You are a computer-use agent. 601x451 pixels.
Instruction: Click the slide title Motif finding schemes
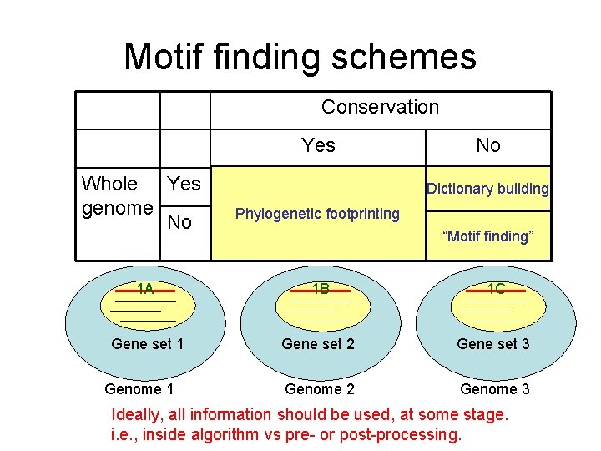(300, 57)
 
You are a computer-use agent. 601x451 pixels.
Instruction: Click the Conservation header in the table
(380, 107)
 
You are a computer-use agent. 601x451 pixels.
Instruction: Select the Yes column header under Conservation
(318, 145)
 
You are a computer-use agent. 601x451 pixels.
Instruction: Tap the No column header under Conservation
(487, 145)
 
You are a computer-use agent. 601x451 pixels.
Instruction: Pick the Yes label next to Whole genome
(184, 183)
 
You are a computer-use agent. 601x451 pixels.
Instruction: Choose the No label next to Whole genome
(179, 222)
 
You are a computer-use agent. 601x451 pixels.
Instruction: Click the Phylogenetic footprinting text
(317, 214)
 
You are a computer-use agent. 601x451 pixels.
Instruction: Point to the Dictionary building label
(487, 189)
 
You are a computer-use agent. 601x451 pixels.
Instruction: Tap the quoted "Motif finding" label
(487, 236)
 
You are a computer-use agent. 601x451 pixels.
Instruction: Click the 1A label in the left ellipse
(145, 290)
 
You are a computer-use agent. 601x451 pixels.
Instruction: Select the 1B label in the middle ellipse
(320, 290)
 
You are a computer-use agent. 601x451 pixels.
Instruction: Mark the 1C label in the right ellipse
(496, 290)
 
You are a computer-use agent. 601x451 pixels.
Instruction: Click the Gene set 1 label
(147, 344)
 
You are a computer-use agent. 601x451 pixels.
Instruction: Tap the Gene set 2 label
(318, 344)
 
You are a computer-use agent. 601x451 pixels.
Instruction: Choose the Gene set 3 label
(492, 344)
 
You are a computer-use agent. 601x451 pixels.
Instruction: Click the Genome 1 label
(139, 388)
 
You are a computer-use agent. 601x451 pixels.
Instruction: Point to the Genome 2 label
(320, 388)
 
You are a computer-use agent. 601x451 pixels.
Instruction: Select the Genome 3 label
(494, 388)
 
